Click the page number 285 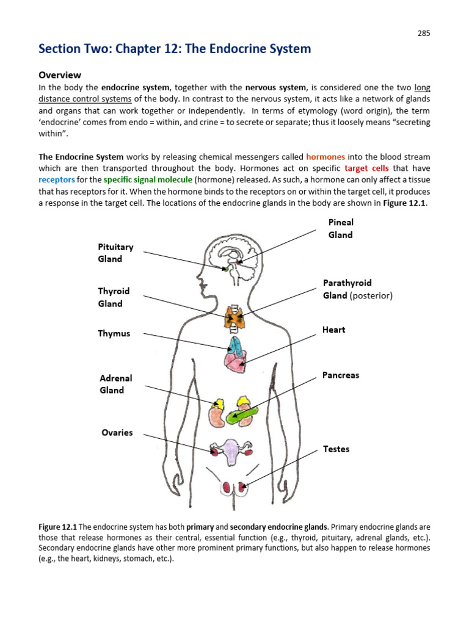click(424, 34)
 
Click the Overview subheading click(60, 75)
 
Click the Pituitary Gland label click(115, 253)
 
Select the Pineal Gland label click(340, 228)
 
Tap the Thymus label click(114, 334)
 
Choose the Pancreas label click(341, 375)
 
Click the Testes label click(336, 449)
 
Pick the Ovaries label click(117, 433)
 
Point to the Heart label click(333, 330)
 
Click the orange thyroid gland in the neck click(235, 316)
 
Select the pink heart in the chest click(236, 361)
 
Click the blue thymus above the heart click(234, 344)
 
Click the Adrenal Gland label click(115, 385)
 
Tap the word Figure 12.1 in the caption click(59, 527)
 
